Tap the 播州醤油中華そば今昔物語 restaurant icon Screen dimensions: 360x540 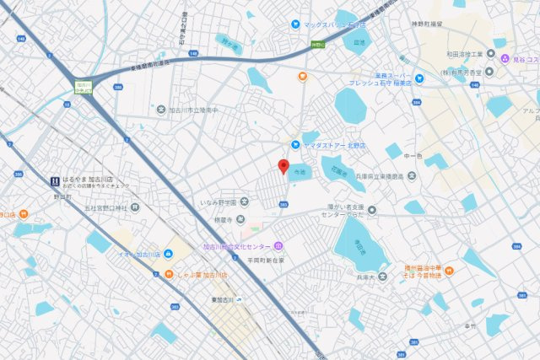[x=450, y=270]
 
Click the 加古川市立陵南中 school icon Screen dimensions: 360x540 [x=161, y=110]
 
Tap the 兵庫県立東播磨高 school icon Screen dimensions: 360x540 [x=412, y=175]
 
